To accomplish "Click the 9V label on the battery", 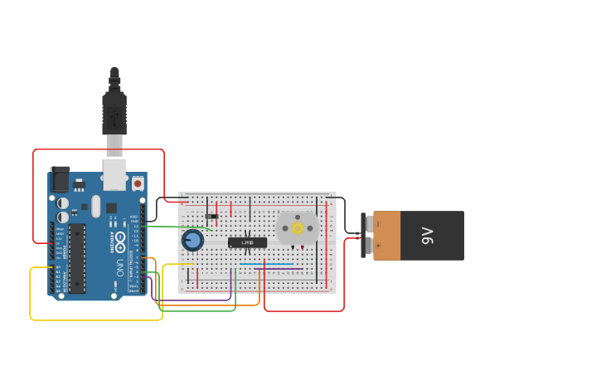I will click(x=428, y=236).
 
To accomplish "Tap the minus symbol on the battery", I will click(x=379, y=223).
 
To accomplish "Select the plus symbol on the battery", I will click(x=379, y=248).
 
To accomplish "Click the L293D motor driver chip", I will click(x=247, y=242).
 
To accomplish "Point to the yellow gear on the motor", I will click(x=298, y=227).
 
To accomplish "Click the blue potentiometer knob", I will click(x=192, y=241).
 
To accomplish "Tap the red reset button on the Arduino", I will click(x=138, y=182).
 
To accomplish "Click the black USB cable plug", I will click(x=114, y=113).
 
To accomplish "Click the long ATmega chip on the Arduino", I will click(x=77, y=258).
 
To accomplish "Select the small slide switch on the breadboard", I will click(x=212, y=217).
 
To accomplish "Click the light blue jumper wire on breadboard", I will click(x=266, y=265).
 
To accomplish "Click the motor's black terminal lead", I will click(x=292, y=247).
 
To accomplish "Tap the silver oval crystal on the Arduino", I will click(x=95, y=206).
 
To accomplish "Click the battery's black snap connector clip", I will click(x=365, y=236).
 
